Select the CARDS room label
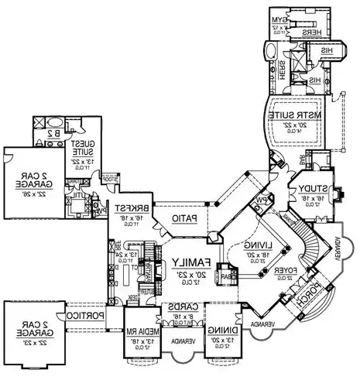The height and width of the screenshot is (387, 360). point(180,307)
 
